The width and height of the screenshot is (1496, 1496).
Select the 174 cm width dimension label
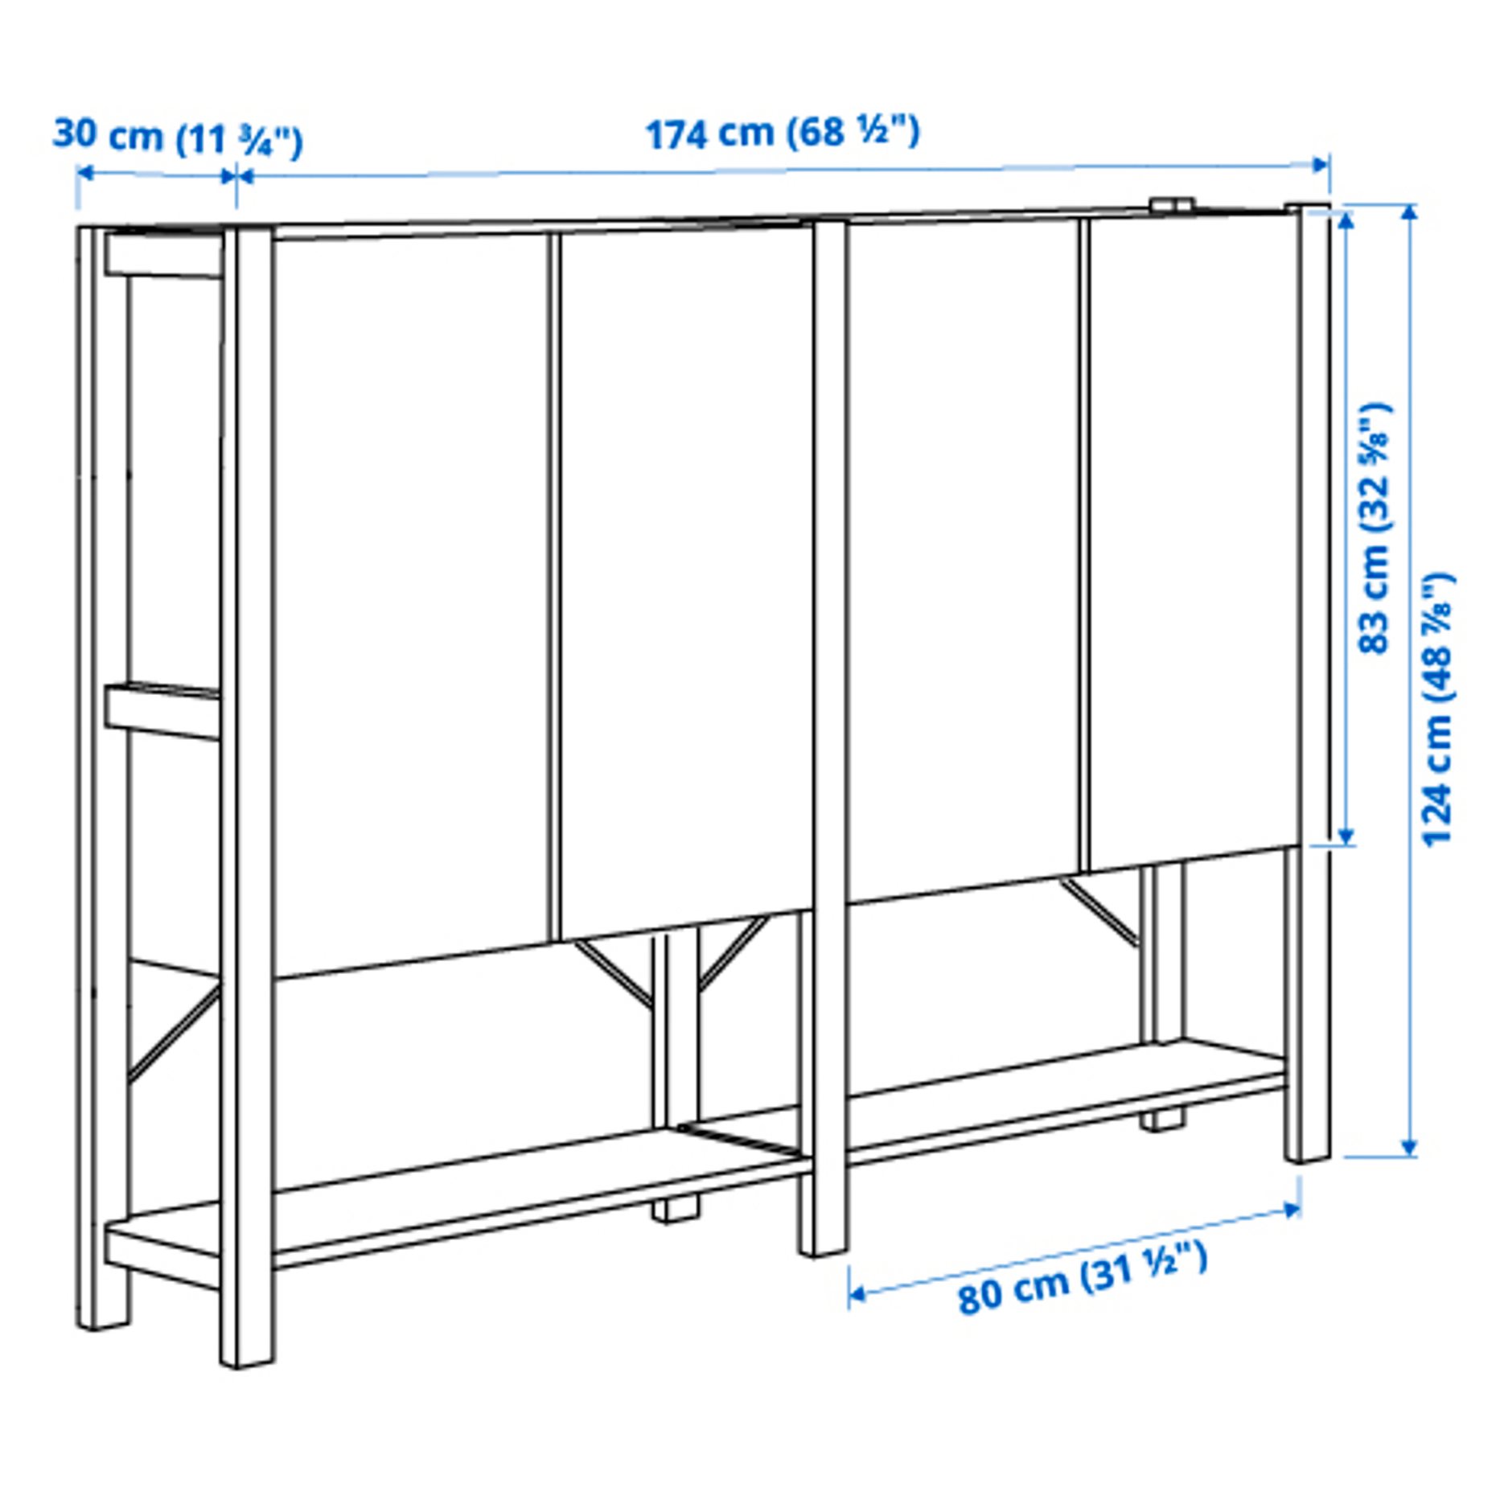782,133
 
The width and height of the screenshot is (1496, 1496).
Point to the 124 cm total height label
1438,708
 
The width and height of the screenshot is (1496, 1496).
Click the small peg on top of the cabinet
1171,204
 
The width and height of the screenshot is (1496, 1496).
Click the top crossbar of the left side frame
164,256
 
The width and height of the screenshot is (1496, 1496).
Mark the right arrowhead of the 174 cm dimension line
1320,165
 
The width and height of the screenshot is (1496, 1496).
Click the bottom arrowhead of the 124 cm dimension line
1409,1146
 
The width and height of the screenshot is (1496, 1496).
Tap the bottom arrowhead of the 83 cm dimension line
1347,836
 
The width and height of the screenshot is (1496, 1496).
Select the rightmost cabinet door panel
1190,539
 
